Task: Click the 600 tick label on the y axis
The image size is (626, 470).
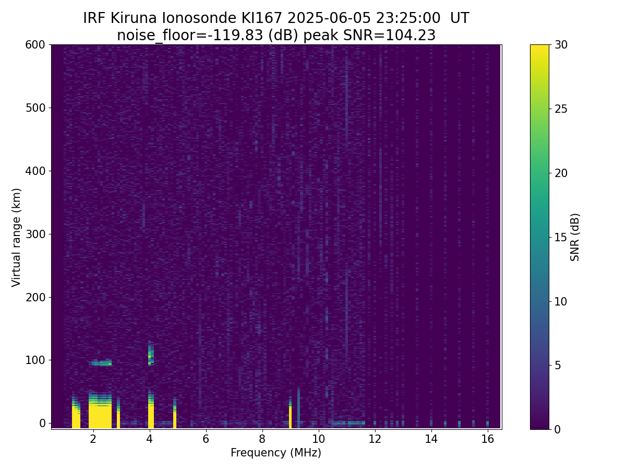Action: [35, 45]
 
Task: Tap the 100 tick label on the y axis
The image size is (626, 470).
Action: [35, 360]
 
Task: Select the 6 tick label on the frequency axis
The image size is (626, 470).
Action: [206, 439]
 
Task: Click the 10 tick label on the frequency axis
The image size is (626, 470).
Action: [318, 439]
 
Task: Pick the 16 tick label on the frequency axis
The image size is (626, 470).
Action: [487, 439]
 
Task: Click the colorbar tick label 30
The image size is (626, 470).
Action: [561, 45]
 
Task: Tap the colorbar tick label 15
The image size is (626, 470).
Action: [561, 237]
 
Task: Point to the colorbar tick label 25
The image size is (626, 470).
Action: [561, 109]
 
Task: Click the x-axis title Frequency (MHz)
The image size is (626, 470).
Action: [276, 453]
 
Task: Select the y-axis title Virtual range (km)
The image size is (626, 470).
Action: [16, 238]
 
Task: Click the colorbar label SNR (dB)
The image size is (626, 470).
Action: [575, 237]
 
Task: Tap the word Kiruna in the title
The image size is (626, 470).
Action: [134, 18]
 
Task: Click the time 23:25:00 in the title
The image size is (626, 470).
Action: [408, 18]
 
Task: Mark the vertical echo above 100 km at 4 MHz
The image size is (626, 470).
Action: [151, 352]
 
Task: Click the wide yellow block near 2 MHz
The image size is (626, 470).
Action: [100, 412]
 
